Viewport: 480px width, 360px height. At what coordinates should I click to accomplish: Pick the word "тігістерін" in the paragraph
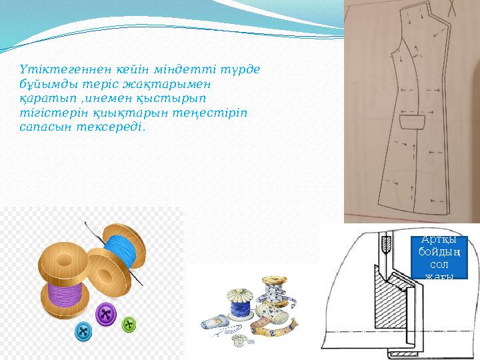tap(49, 112)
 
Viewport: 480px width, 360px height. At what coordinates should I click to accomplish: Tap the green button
tap(128, 325)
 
